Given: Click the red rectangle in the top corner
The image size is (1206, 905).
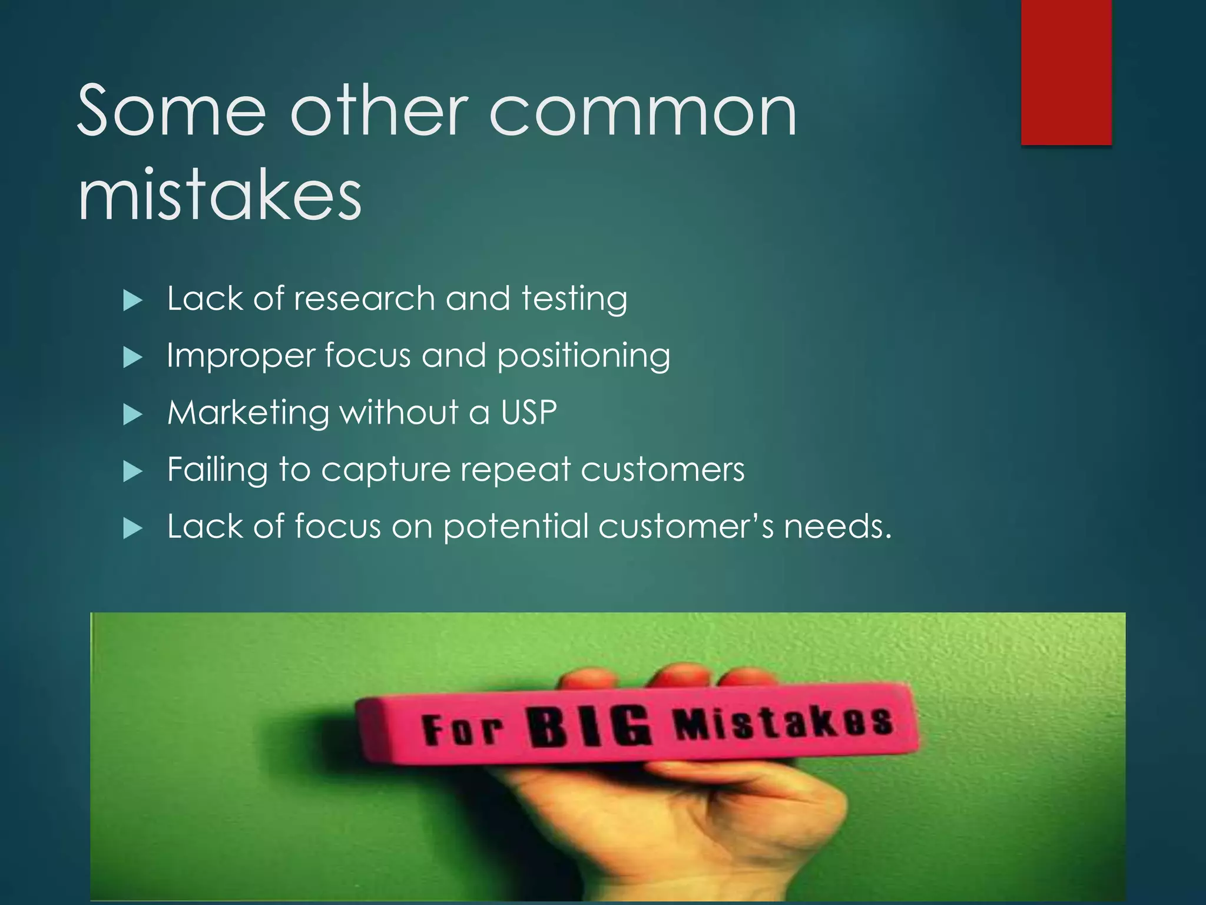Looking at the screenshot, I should coord(1066,72).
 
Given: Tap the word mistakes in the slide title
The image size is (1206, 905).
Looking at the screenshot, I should coord(220,194).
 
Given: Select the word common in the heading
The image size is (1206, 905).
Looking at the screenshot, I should coord(642,112).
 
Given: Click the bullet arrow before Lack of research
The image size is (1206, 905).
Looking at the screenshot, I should coord(133,301).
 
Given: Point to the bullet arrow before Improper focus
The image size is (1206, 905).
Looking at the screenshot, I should coord(133,358).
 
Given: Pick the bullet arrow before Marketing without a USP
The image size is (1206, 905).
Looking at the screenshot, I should coord(133,415).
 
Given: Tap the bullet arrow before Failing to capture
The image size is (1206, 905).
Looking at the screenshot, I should coord(133,471).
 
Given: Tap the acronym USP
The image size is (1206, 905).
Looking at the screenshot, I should coord(529,412).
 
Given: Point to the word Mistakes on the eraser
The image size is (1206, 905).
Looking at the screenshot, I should coord(784,724).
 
